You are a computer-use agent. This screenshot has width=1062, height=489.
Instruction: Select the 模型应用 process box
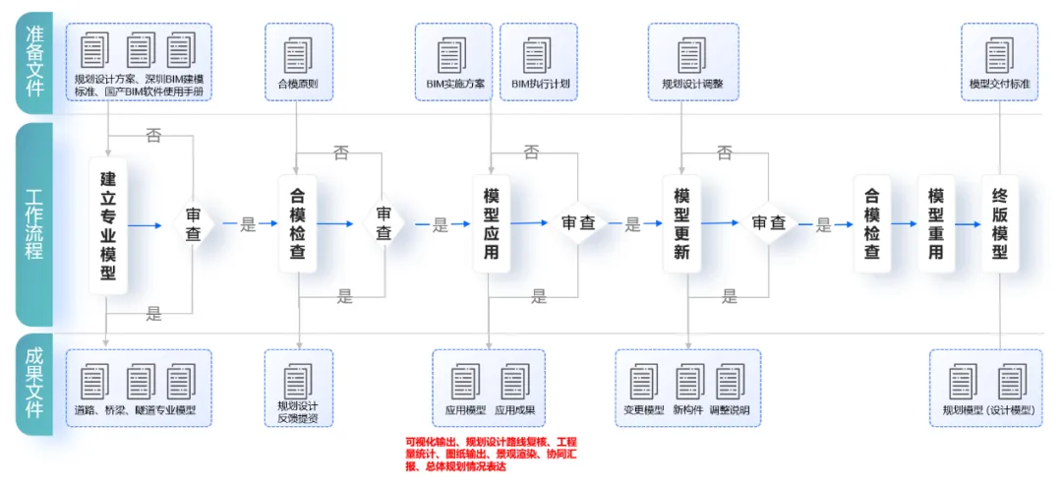click(492, 224)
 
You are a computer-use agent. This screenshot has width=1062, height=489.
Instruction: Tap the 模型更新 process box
click(681, 224)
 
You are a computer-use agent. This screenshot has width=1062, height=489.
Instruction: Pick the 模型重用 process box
click(935, 224)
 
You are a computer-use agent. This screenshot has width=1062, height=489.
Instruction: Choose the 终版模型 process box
click(1000, 224)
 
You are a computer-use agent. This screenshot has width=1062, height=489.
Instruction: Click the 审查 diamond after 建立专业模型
click(193, 224)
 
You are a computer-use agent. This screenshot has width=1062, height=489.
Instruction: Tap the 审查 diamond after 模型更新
click(768, 224)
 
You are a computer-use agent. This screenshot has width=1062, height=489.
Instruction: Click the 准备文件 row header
click(34, 61)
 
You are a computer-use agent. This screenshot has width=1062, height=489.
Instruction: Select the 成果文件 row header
click(34, 384)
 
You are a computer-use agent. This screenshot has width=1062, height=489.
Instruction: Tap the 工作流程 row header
click(34, 224)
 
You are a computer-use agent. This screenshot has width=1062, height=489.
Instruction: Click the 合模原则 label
click(298, 85)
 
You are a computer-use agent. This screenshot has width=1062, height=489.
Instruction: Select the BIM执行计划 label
click(540, 85)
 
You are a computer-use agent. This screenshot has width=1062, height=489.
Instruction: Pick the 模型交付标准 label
click(999, 85)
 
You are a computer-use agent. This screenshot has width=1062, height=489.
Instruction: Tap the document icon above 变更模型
click(644, 381)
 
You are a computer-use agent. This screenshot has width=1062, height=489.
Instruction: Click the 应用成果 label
click(514, 410)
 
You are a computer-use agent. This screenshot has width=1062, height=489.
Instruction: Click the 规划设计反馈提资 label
click(298, 412)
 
